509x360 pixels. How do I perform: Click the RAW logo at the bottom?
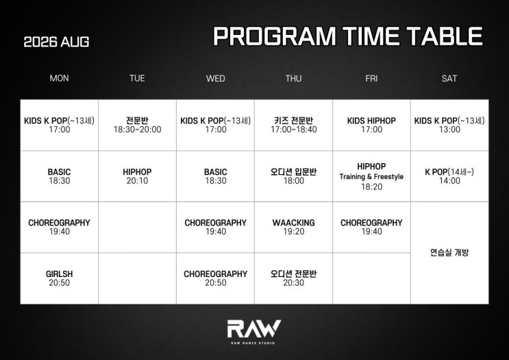click(254, 331)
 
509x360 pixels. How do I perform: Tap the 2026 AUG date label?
click(56, 42)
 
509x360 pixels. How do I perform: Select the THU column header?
click(293, 78)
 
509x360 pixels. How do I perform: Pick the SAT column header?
click(449, 78)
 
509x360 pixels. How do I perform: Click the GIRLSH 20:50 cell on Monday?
click(60, 278)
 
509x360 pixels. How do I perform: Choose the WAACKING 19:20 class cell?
click(293, 227)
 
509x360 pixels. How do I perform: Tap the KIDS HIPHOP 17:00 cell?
click(372, 125)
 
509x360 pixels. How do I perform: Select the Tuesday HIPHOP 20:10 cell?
click(137, 176)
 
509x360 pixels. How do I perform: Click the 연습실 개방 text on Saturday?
click(449, 252)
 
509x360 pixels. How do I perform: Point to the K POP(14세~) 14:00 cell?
click(449, 176)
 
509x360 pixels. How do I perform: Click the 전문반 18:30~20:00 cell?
click(137, 125)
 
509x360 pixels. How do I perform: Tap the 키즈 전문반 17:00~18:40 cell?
click(293, 125)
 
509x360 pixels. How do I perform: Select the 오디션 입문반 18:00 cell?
click(293, 176)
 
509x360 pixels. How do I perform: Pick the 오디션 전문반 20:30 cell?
click(293, 278)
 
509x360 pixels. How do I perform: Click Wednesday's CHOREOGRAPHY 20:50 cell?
click(216, 278)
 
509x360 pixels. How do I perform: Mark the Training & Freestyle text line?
click(372, 177)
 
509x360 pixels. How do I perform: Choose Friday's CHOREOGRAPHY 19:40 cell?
click(372, 227)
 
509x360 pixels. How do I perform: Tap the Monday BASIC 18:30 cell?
click(60, 176)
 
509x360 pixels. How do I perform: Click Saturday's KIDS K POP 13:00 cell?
click(449, 125)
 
